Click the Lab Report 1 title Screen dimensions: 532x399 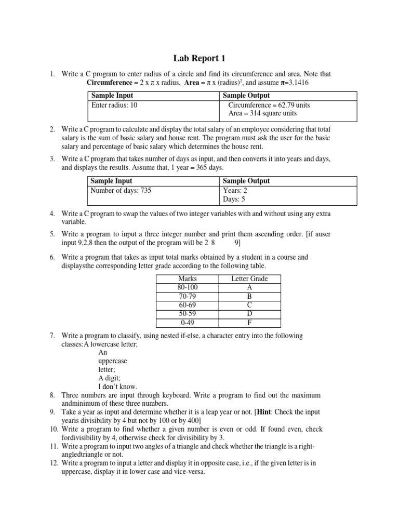pos(199,58)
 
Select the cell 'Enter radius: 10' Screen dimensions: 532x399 pos(115,105)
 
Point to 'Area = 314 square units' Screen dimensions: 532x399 pos(262,113)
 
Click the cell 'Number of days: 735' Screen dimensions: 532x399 pos(121,190)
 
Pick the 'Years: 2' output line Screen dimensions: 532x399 pos(235,190)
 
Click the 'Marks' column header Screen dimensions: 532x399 pos(188,278)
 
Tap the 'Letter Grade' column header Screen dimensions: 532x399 pos(249,278)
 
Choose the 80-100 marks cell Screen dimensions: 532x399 pos(188,287)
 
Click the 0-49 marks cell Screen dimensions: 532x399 pos(188,321)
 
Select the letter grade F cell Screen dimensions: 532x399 pos(249,321)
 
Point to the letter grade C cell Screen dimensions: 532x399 pos(249,304)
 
